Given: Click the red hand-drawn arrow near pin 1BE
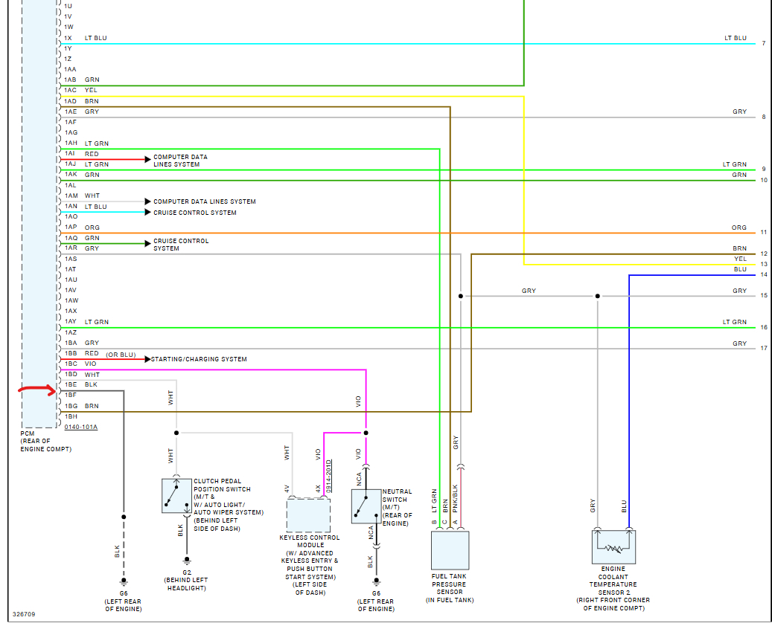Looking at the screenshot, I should [38, 390].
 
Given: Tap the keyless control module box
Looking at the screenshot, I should [308, 515].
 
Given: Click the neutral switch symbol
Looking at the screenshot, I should [366, 506].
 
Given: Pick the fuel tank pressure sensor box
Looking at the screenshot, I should [450, 550].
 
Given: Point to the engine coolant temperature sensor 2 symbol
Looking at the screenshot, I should [613, 546].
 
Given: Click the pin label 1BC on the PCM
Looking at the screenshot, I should [71, 364].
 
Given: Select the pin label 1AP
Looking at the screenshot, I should [71, 228].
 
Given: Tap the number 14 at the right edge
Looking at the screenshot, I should [764, 275].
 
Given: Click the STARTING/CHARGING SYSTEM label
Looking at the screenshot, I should [199, 360].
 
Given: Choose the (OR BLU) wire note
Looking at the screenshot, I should [121, 354].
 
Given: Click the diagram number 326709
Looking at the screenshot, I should [23, 615].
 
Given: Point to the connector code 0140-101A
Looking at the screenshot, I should [80, 427].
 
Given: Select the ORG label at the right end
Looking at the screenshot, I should [738, 228].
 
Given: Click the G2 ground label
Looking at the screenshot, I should [186, 572].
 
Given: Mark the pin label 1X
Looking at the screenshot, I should [68, 38].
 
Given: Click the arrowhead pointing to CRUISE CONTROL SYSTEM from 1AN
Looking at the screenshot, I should [147, 213].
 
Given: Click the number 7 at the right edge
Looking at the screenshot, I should [764, 44].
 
